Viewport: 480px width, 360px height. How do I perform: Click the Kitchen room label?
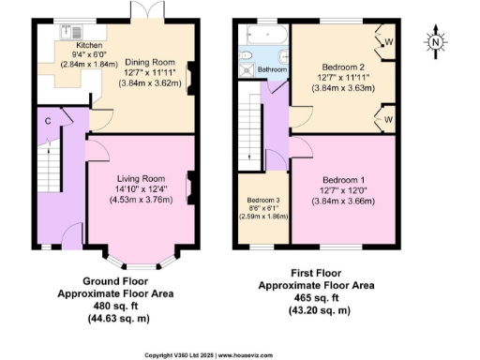point(89,44)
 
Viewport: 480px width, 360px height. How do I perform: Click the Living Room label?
point(141,178)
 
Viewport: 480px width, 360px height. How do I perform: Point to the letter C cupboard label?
point(46,120)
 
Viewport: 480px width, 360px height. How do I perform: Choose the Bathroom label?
point(272,69)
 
